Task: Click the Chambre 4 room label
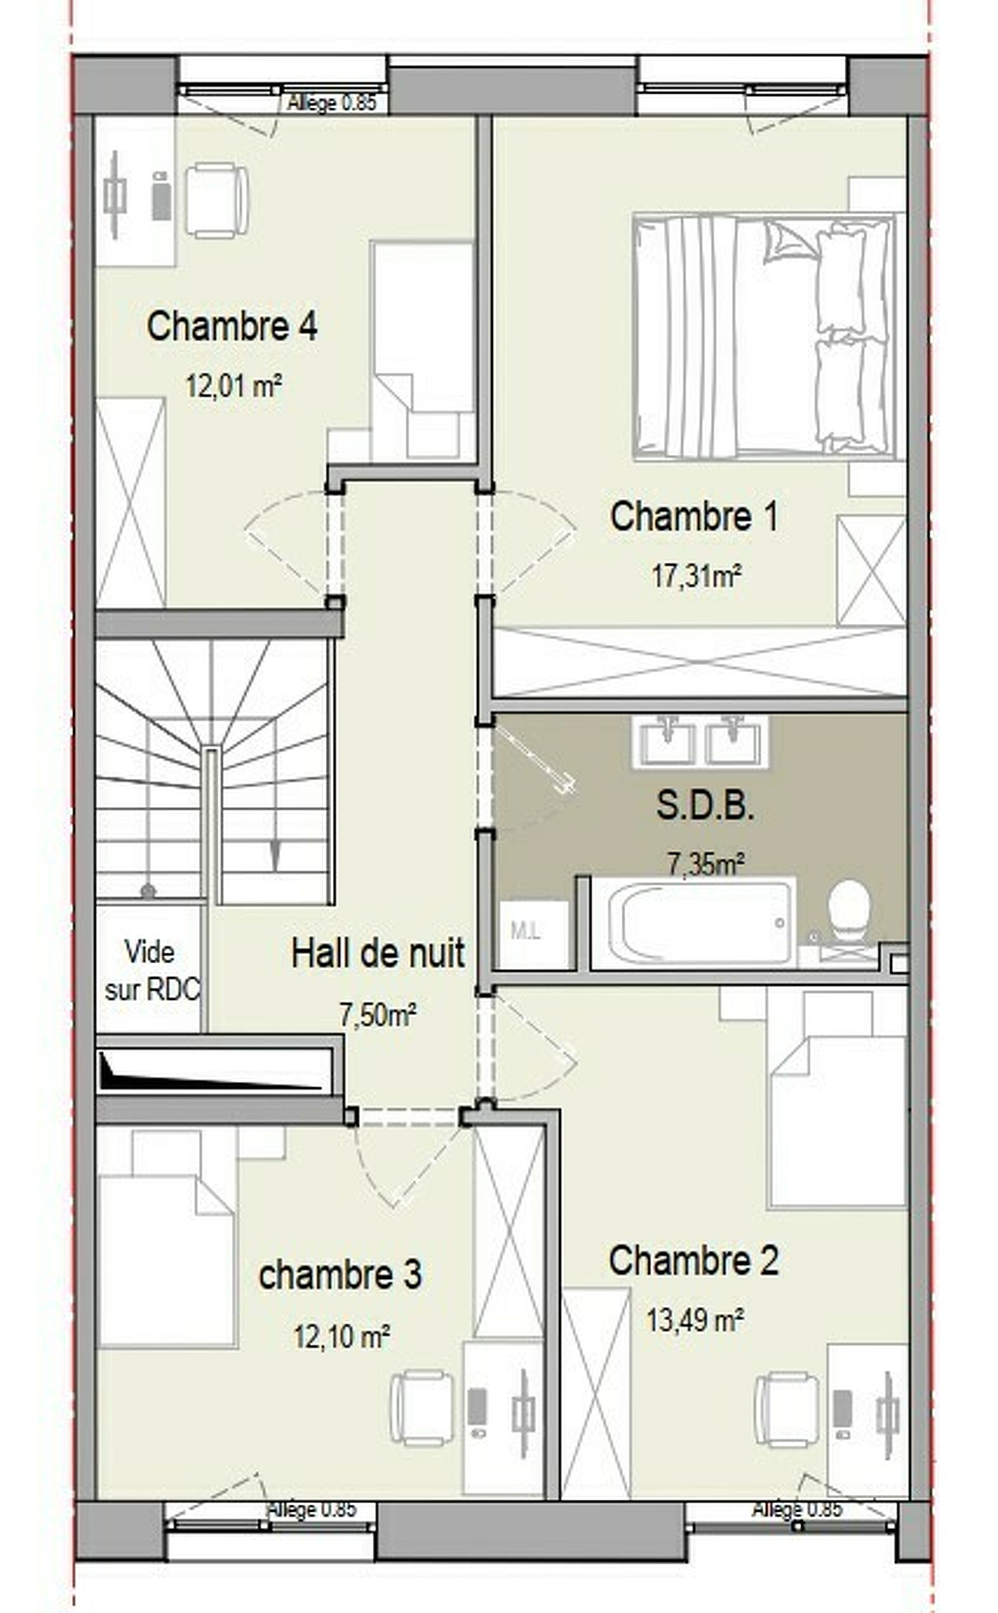pyautogui.click(x=232, y=326)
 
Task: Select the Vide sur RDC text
pyautogui.click(x=152, y=970)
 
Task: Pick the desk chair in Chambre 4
pyautogui.click(x=216, y=201)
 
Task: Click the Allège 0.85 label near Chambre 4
pyautogui.click(x=332, y=103)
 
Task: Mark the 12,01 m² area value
pyautogui.click(x=234, y=386)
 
